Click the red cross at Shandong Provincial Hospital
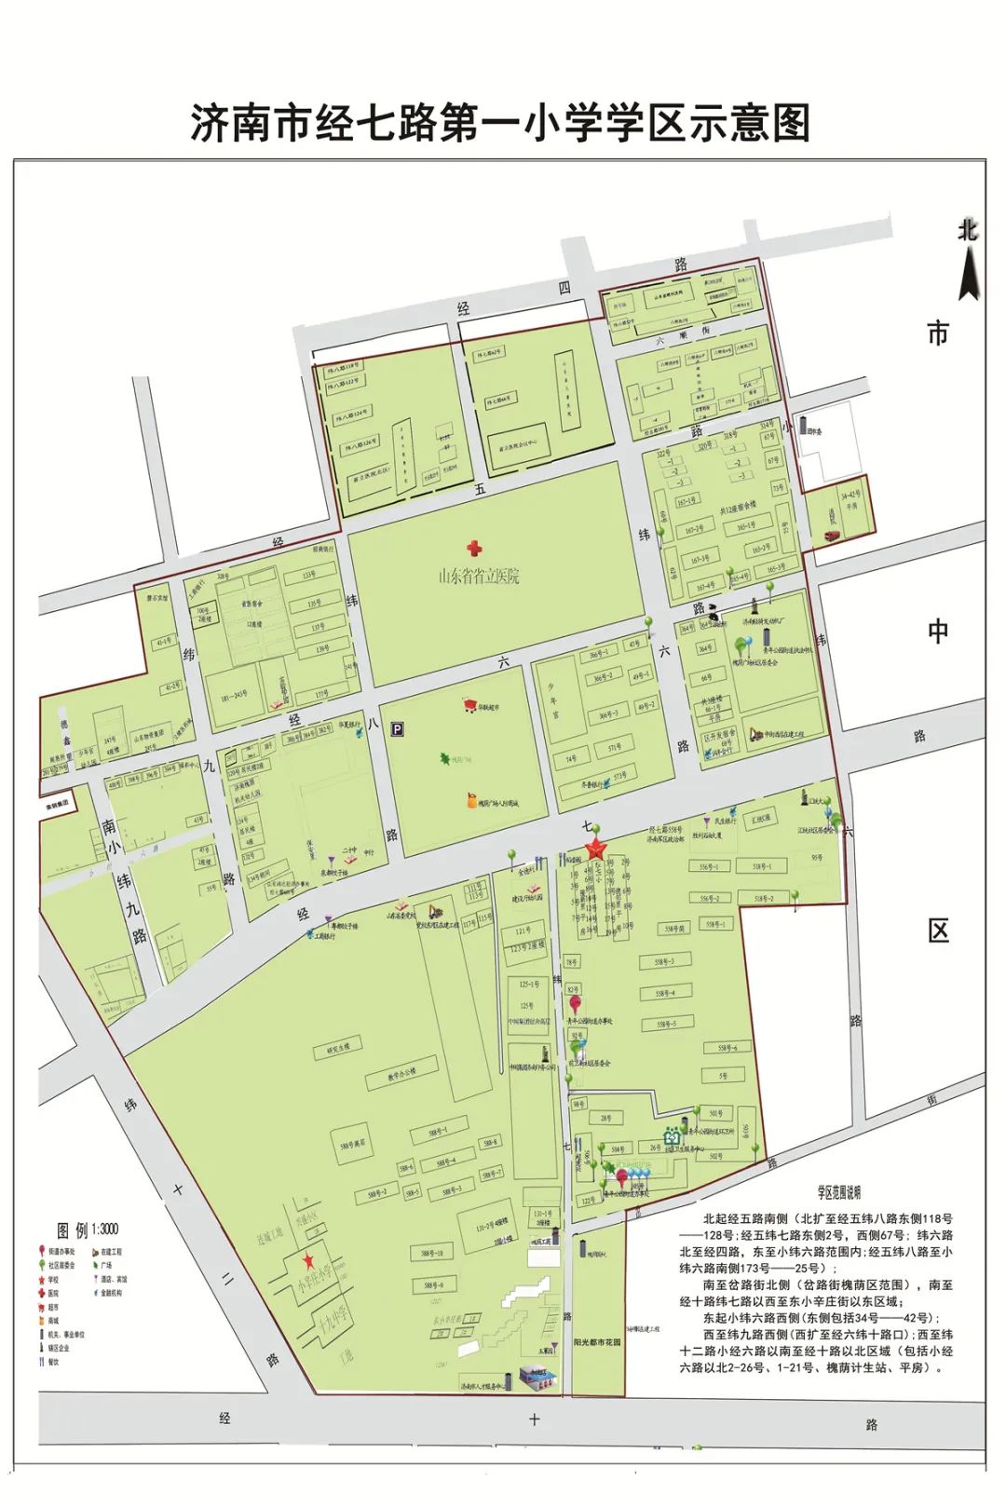tap(476, 549)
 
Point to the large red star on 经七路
tap(594, 849)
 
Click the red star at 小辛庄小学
tap(307, 1262)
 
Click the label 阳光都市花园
tap(597, 1342)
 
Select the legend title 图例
tap(74, 1230)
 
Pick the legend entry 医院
tap(53, 1293)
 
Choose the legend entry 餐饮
tap(53, 1362)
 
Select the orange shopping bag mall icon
tap(473, 799)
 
